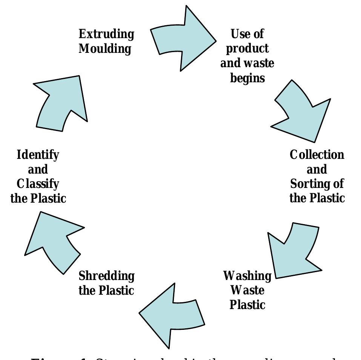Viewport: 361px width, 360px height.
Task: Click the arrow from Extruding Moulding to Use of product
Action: (x=185, y=39)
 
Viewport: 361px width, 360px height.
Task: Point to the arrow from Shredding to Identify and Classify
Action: (x=53, y=242)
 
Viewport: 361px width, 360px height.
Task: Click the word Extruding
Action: (x=106, y=34)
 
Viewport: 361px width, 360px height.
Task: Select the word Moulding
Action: (x=105, y=49)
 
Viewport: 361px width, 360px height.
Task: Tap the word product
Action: (x=247, y=49)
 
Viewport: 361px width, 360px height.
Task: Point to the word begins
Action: (x=247, y=78)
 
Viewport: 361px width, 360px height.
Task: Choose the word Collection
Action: (x=317, y=155)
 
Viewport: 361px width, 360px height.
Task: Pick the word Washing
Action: (x=247, y=276)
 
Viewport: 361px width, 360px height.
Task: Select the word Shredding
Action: (x=106, y=276)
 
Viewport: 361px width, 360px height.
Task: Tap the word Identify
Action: (x=38, y=155)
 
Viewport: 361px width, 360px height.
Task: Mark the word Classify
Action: (x=38, y=184)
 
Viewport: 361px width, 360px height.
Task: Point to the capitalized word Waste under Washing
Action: (x=247, y=291)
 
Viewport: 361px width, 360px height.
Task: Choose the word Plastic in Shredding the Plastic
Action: (x=117, y=291)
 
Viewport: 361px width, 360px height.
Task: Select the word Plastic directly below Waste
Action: (x=247, y=305)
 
